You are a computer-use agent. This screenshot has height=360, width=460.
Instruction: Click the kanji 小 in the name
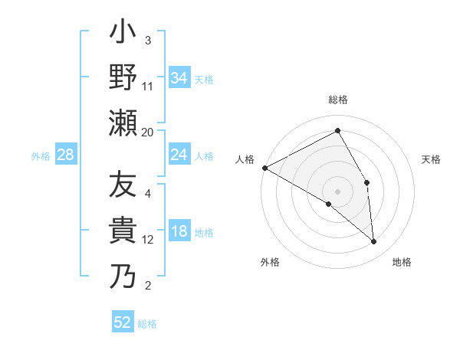coord(123,34)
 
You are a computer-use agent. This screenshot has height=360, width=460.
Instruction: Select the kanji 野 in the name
coord(123,78)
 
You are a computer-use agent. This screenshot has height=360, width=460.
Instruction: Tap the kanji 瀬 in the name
coord(123,123)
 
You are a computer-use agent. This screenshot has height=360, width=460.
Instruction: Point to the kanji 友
coord(123,186)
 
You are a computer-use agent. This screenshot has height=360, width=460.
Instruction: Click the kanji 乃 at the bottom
coord(123,276)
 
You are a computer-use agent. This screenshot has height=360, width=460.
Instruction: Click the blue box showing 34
coord(179,77)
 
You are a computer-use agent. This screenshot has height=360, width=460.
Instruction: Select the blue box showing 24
coord(179,155)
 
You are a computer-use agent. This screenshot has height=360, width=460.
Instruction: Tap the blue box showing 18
coord(179,232)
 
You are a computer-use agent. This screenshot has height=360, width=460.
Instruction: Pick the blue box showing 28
coord(65,155)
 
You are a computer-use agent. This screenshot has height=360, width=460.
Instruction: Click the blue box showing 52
coord(123,322)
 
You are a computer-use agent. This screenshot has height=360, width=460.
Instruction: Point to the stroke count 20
coord(148,132)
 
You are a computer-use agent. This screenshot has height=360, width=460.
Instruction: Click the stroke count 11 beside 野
coord(148,87)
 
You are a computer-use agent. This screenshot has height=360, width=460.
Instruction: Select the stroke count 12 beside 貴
coord(148,240)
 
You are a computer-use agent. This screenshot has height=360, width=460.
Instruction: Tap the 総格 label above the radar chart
coord(337,100)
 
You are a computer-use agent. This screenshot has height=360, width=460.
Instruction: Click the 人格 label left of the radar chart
coord(245,159)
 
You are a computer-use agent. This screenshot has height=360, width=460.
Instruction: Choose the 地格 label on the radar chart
coord(402,262)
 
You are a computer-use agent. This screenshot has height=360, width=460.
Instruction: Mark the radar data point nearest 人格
coord(264,167)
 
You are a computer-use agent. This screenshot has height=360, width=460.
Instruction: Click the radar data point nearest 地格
coord(373,241)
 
